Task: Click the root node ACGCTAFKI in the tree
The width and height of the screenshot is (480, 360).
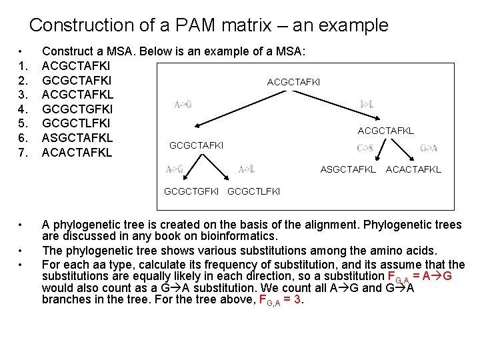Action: tap(293, 82)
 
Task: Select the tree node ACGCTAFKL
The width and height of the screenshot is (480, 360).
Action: tap(385, 131)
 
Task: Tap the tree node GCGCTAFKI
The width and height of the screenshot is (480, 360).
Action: tap(197, 145)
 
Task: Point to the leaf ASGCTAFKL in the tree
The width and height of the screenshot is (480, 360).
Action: tap(347, 170)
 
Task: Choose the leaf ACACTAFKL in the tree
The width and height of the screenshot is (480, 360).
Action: tap(413, 170)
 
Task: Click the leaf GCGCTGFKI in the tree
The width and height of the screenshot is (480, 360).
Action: tap(191, 192)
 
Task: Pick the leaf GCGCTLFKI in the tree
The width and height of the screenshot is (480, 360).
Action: tap(254, 192)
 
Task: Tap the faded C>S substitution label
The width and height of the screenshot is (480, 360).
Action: tap(365, 148)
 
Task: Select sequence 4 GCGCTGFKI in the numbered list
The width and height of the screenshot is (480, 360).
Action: tap(77, 108)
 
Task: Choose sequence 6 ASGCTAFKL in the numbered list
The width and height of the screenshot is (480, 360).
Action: tap(77, 138)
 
